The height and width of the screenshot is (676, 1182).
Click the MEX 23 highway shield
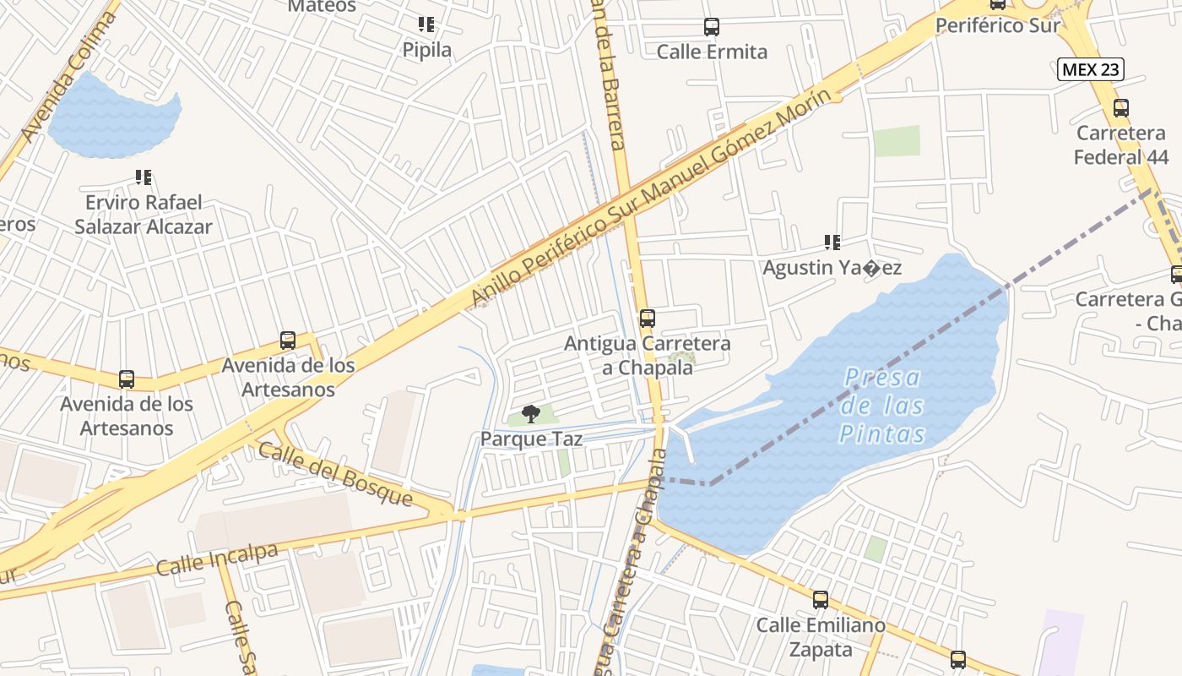pyautogui.click(x=1090, y=69)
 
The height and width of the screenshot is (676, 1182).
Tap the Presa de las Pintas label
pyautogui.click(x=882, y=406)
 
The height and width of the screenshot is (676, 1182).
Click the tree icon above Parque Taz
pyautogui.click(x=530, y=413)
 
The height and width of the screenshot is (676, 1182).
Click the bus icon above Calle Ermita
pyautogui.click(x=712, y=27)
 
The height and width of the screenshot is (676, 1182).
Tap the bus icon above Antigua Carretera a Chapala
pyautogui.click(x=648, y=319)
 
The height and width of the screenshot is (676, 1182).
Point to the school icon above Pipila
pyautogui.click(x=426, y=25)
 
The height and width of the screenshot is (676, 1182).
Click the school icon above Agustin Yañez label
pyautogui.click(x=832, y=243)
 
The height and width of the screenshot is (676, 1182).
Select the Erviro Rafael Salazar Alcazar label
pyautogui.click(x=144, y=215)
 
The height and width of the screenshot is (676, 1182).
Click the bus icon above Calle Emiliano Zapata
pyautogui.click(x=821, y=600)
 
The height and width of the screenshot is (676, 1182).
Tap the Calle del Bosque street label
pyautogui.click(x=335, y=474)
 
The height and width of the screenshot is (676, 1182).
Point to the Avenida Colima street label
pyautogui.click(x=67, y=77)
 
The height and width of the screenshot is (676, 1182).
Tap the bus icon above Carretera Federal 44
pyautogui.click(x=1121, y=108)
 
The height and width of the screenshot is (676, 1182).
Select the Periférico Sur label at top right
pyautogui.click(x=997, y=25)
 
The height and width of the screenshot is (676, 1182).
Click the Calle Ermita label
pyautogui.click(x=712, y=52)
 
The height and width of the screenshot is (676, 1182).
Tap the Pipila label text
pyautogui.click(x=426, y=50)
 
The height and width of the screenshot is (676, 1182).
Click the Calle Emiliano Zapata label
pyautogui.click(x=821, y=637)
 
